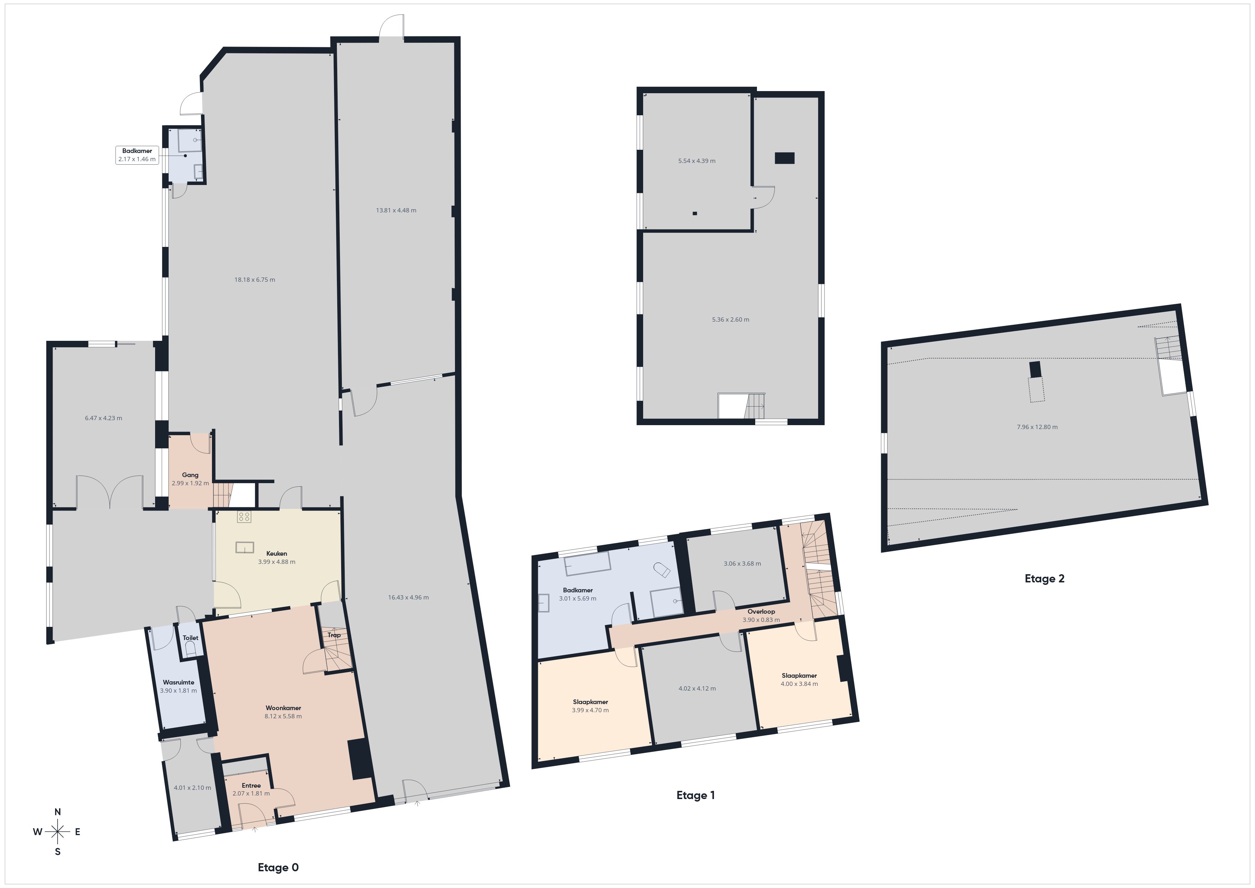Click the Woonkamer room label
(283, 708)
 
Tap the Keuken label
(277, 553)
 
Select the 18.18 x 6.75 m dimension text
(255, 279)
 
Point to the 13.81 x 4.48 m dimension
(396, 210)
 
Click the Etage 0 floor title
(278, 867)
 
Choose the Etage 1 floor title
(695, 795)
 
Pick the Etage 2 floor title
(1044, 578)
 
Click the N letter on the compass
(57, 812)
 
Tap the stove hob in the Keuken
(244, 517)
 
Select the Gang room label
(190, 475)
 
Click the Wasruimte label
(178, 682)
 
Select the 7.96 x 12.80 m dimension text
(1037, 427)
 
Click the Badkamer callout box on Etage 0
(137, 155)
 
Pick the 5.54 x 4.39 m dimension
(697, 161)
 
